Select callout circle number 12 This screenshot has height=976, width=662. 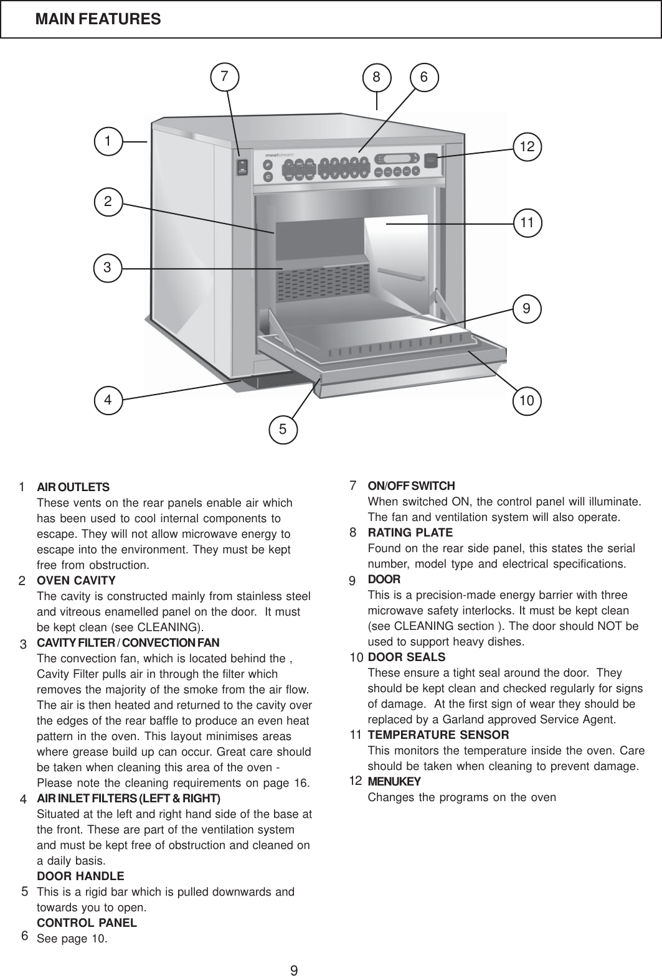click(x=527, y=147)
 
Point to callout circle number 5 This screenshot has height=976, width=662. click(x=283, y=428)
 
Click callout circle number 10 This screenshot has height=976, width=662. click(x=527, y=401)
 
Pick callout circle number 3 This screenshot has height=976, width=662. click(x=108, y=268)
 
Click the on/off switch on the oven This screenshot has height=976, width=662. click(x=242, y=167)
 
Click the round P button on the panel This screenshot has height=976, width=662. click(x=267, y=165)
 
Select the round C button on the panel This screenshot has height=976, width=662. click(x=267, y=176)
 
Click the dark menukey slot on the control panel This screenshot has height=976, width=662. click(x=431, y=160)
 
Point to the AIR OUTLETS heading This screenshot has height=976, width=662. click(x=73, y=487)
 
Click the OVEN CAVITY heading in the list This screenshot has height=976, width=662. click(x=77, y=581)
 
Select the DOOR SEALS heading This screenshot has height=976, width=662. click(x=407, y=657)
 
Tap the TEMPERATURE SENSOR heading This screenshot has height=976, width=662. click(x=438, y=735)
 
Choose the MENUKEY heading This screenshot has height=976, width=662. click(x=394, y=781)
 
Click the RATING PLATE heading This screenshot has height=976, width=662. click(x=410, y=533)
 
